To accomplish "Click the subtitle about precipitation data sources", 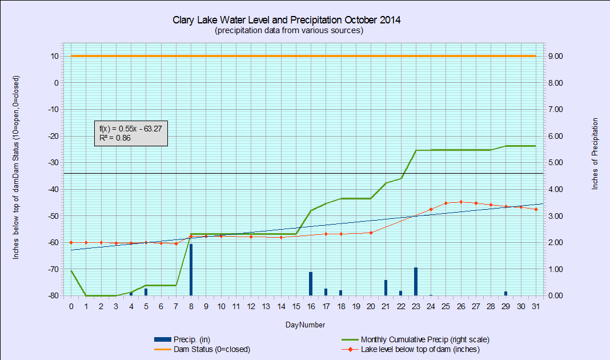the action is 289,30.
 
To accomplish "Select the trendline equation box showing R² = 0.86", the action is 131,133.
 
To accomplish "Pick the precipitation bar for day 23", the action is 416,281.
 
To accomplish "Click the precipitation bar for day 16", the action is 311,284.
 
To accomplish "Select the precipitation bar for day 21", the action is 386,287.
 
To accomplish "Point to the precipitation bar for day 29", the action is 505,294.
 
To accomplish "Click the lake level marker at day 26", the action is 461,202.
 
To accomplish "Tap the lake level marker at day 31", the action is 536,209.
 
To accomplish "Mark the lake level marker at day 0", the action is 71,242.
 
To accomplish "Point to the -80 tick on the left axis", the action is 53,296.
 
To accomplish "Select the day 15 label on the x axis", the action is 296,307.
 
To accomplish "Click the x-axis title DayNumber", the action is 305,325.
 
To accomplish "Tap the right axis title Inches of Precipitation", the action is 595,154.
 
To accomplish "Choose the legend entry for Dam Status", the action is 202,349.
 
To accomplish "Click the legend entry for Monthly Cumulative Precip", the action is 415,339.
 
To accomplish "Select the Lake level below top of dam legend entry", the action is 411,349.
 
